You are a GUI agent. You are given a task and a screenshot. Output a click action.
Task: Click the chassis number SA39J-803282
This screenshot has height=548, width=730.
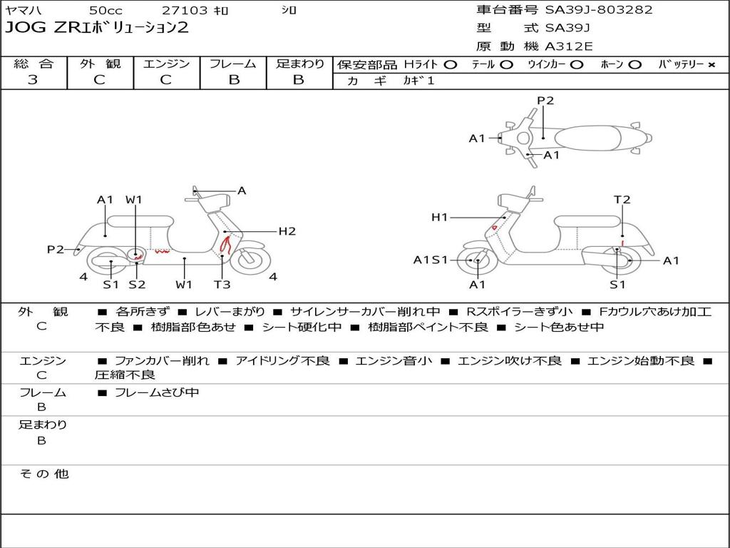click(x=599, y=10)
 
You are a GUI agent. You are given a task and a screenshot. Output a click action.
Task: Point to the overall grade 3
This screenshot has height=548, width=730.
click(x=33, y=80)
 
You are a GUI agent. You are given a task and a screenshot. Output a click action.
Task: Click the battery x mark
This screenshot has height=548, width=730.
click(x=711, y=65)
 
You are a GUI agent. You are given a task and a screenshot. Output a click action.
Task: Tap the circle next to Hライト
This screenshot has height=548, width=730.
click(x=451, y=65)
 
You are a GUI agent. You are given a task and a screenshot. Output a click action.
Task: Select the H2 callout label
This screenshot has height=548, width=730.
click(x=287, y=231)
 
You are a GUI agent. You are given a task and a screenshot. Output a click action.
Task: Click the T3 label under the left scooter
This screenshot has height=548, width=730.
click(x=222, y=284)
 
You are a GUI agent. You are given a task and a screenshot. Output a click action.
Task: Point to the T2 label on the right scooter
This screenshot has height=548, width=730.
click(x=622, y=200)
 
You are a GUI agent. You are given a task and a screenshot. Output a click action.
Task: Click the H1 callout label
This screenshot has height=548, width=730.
click(x=439, y=217)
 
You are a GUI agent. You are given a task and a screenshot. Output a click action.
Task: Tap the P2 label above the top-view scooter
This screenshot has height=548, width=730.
click(x=545, y=101)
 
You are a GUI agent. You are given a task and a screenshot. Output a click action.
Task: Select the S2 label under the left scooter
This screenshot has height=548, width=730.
click(x=137, y=284)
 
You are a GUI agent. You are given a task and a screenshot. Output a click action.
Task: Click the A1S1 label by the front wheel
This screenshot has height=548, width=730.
click(x=431, y=260)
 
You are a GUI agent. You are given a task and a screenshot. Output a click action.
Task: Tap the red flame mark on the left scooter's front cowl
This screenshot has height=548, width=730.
click(x=225, y=244)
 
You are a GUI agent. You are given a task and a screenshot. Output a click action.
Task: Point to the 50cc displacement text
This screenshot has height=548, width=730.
click(x=106, y=10)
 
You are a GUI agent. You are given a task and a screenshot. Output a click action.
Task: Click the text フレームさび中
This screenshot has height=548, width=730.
click(x=157, y=393)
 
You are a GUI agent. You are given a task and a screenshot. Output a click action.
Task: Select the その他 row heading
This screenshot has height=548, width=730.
click(x=43, y=474)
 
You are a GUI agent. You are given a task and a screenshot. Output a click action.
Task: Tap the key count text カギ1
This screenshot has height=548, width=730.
click(x=418, y=81)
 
